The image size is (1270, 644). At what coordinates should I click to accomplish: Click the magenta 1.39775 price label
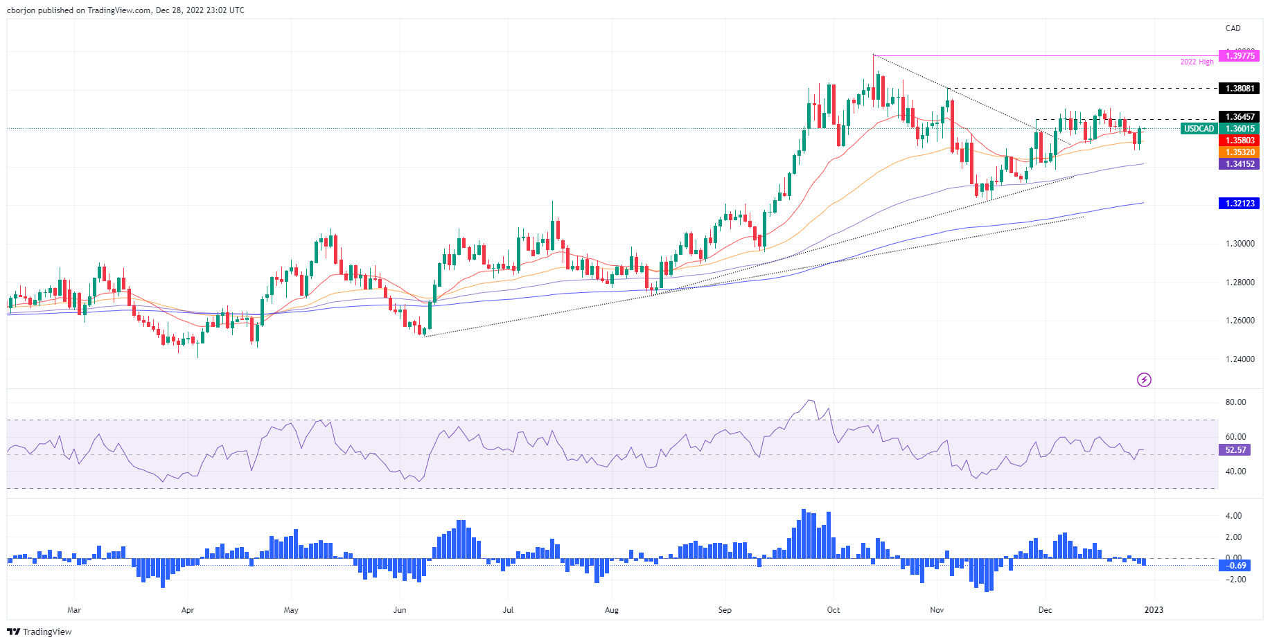pos(1240,56)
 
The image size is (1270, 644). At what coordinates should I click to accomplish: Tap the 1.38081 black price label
pos(1240,89)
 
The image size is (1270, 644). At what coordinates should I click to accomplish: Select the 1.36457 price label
pos(1240,117)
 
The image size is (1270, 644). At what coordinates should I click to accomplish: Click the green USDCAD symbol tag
pos(1199,129)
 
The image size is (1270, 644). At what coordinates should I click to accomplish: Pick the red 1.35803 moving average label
pos(1240,141)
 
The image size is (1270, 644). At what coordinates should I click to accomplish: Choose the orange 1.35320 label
pos(1240,152)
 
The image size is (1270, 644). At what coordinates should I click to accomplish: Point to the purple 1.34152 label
pos(1240,164)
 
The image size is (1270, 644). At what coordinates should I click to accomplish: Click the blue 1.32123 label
pos(1240,204)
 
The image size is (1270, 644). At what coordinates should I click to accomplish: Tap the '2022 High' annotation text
pos(1197,62)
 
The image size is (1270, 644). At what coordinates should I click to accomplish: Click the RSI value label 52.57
pos(1235,450)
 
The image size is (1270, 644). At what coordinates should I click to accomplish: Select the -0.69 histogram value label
pos(1235,566)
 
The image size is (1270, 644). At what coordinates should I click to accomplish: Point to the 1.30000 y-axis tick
pos(1240,244)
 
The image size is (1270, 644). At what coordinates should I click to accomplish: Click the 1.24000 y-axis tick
pos(1240,359)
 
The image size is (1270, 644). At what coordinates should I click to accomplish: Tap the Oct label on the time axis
pos(833,610)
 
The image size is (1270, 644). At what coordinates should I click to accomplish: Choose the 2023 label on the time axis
pos(1154,610)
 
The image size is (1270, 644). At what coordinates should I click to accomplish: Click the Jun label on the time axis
pos(399,610)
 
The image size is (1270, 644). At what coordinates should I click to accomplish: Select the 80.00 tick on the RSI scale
pos(1235,402)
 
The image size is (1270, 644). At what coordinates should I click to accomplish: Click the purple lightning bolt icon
pos(1144,379)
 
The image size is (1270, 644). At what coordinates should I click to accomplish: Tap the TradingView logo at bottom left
pos(39,632)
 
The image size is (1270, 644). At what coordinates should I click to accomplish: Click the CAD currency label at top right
pos(1233,28)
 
